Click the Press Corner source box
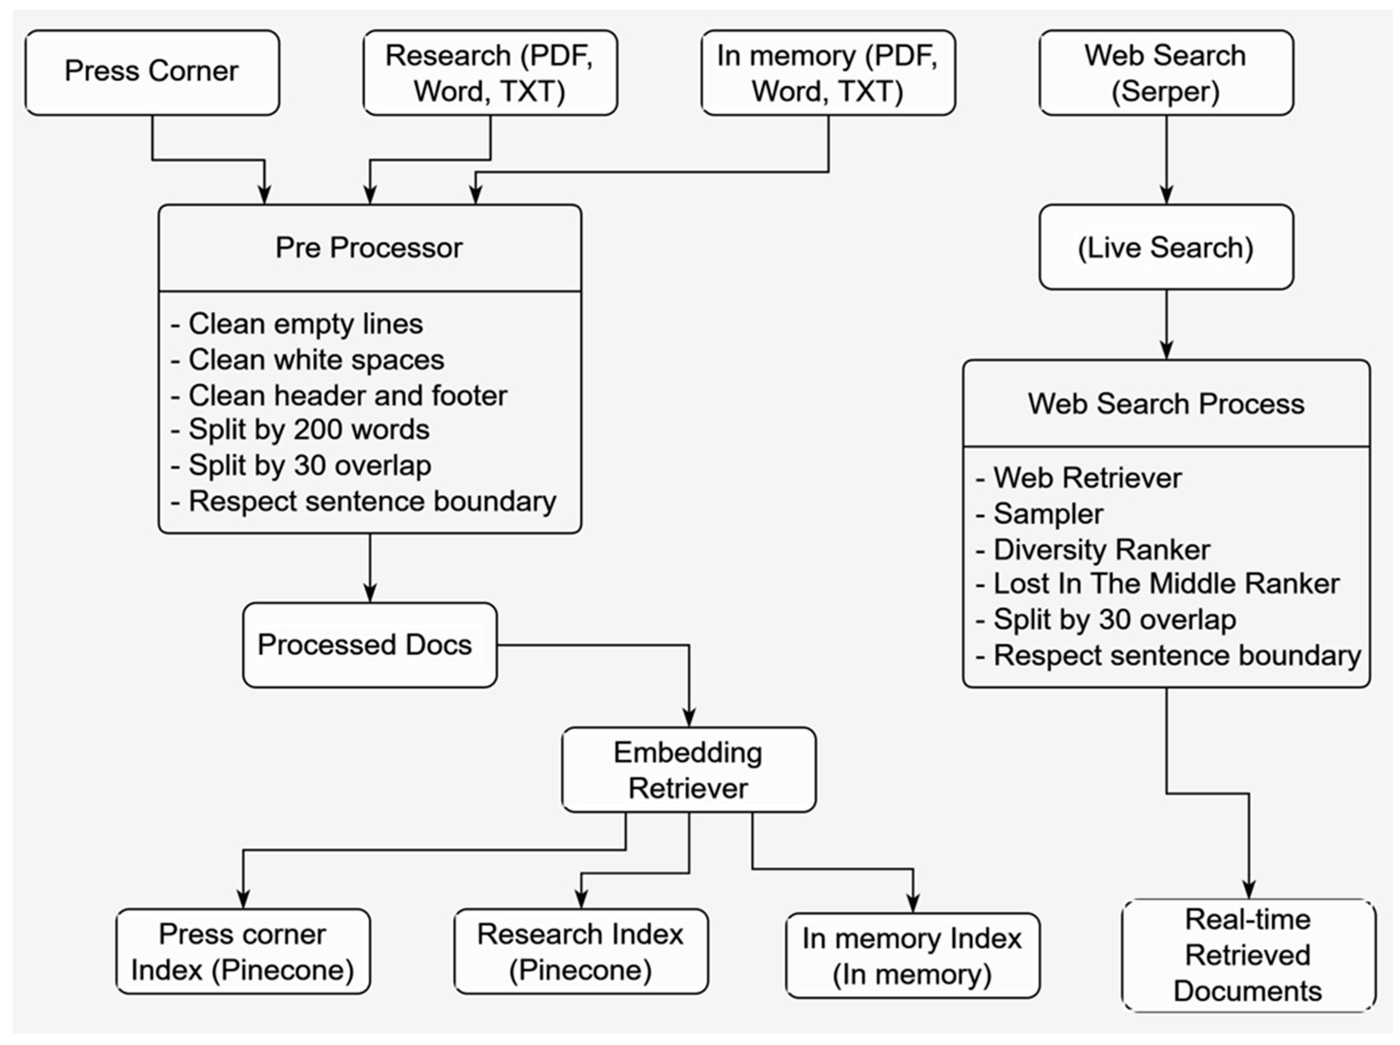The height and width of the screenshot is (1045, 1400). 152,72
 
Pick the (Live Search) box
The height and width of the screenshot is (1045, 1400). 1166,247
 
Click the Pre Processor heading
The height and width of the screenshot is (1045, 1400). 369,247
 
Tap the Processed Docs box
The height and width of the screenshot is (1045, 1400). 369,644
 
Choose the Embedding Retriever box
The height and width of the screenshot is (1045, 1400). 689,770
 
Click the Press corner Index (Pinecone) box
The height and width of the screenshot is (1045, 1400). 243,952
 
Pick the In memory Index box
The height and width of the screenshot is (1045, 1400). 912,956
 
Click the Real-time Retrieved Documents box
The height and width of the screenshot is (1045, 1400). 1248,955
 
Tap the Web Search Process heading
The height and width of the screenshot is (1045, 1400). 1166,403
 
